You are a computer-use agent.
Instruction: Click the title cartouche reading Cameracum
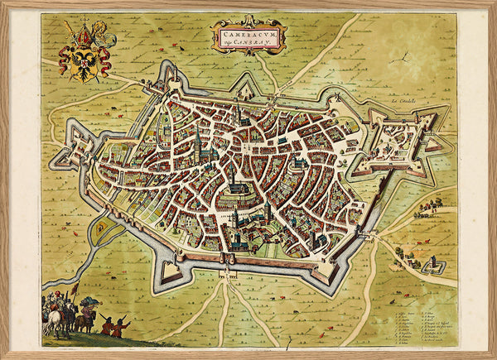(248, 34)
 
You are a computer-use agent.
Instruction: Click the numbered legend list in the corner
(420, 323)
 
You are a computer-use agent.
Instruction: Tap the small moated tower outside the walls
(434, 266)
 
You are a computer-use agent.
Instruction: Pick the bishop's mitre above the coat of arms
(83, 33)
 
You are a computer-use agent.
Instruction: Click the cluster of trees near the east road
(432, 202)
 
